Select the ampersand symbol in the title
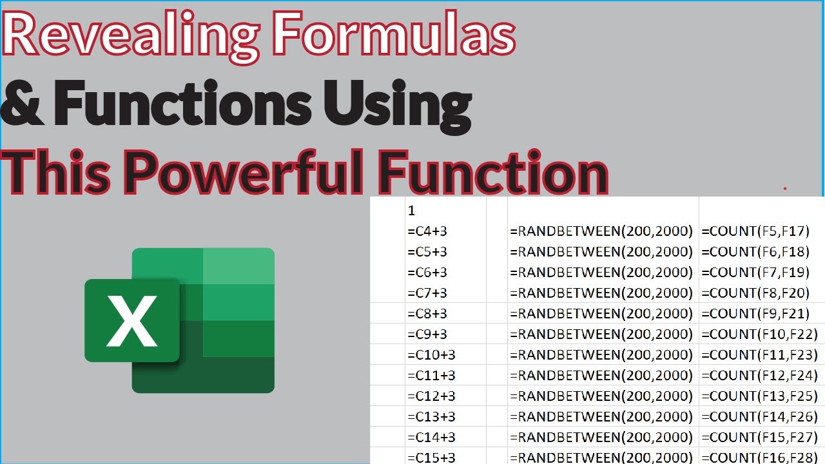[23, 103]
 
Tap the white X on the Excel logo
[132, 320]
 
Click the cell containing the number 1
[412, 210]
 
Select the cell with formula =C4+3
[427, 231]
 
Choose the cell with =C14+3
[431, 437]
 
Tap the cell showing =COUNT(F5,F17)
[755, 231]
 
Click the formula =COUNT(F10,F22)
[759, 334]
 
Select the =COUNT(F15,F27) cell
[759, 437]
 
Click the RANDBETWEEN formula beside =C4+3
[601, 231]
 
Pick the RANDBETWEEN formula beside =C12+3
[601, 396]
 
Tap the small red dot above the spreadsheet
[784, 189]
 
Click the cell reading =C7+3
[427, 293]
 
